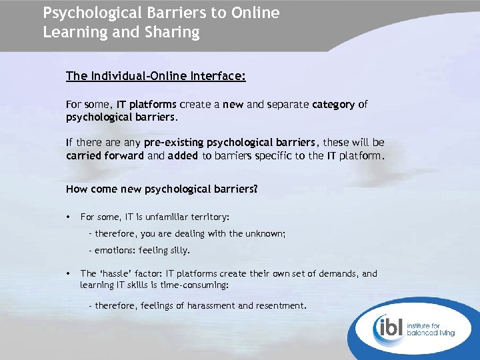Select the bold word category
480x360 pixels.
(333, 104)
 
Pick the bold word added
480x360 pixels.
(183, 156)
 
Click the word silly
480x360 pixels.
(178, 251)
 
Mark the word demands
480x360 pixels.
(340, 273)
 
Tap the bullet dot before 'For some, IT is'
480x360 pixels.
(69, 217)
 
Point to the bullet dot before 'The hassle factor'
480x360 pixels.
(69, 273)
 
